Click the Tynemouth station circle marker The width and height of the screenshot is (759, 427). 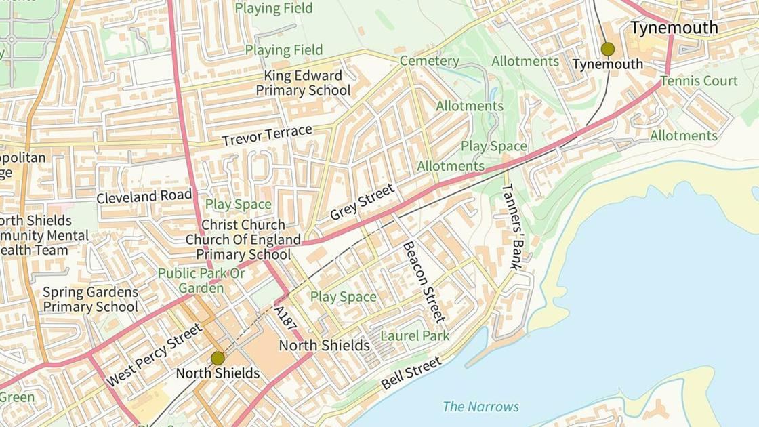[607, 49]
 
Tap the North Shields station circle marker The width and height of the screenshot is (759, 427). [218, 358]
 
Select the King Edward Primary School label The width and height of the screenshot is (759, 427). [303, 83]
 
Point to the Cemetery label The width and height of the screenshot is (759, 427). [429, 61]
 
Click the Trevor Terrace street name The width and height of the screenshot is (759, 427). [267, 135]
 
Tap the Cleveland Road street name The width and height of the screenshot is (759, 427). [144, 197]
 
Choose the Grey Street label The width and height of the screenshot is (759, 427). [362, 202]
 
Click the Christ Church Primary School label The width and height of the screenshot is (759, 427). [243, 240]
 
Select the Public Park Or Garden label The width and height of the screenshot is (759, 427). [201, 281]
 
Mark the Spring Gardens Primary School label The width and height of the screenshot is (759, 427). [90, 300]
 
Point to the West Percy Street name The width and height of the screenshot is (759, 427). [155, 354]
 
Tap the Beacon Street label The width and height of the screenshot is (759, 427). [424, 281]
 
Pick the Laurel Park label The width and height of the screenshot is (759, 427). [415, 335]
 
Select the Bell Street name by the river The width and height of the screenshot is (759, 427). [411, 373]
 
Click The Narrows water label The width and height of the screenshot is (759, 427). [480, 407]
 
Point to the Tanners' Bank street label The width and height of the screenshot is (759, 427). [513, 226]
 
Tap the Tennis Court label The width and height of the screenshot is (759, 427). [699, 81]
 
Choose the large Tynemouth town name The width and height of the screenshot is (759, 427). [674, 28]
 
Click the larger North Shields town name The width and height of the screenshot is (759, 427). [325, 346]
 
